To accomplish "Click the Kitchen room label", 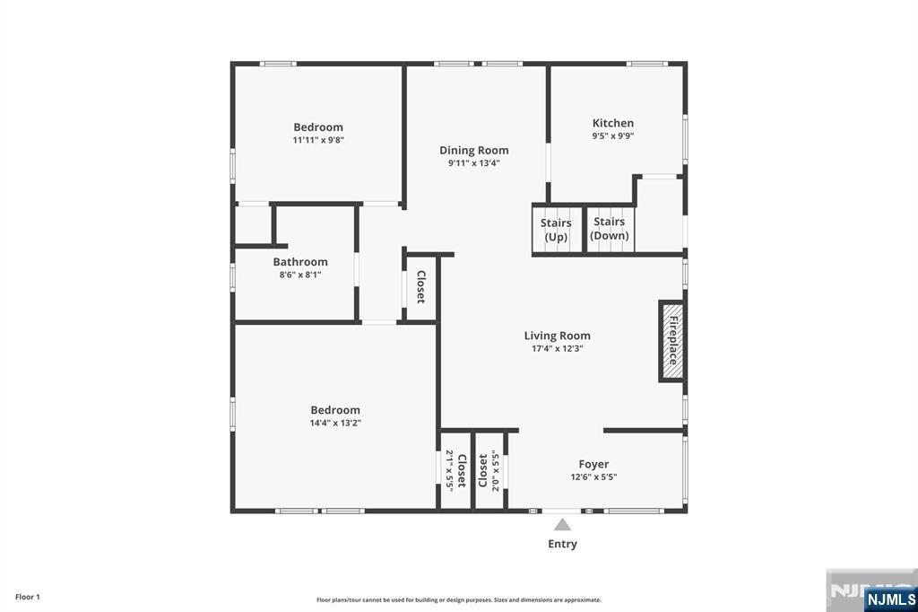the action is click(x=613, y=123).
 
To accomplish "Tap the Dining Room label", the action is click(x=474, y=151).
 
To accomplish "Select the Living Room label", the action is click(x=558, y=336).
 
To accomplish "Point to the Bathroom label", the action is click(x=300, y=262).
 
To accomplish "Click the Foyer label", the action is click(x=593, y=464).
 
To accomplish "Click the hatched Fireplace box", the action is click(x=672, y=341).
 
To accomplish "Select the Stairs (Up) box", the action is click(x=557, y=229).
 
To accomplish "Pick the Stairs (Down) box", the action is click(x=610, y=229).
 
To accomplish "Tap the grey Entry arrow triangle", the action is click(x=563, y=524).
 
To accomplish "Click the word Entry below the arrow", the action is click(x=563, y=544).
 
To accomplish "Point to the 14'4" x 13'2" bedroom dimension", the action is click(x=335, y=423).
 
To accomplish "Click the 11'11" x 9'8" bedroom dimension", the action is click(x=318, y=140).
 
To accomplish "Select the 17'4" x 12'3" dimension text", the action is click(x=558, y=349).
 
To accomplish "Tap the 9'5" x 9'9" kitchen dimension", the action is click(x=613, y=136).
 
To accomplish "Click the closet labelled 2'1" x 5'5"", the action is click(x=455, y=471).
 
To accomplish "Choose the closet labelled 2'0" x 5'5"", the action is click(x=489, y=471).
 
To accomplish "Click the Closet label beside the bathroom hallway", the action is click(x=421, y=286).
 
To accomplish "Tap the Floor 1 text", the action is click(x=28, y=598).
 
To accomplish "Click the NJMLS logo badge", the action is click(x=890, y=599).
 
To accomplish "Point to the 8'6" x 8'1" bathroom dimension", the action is click(x=300, y=275).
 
